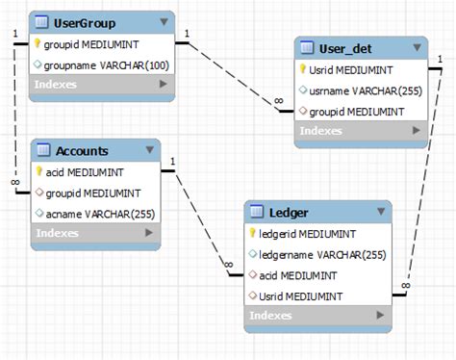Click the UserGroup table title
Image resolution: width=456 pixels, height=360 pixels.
click(x=86, y=22)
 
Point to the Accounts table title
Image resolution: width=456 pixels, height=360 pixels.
click(x=82, y=150)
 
